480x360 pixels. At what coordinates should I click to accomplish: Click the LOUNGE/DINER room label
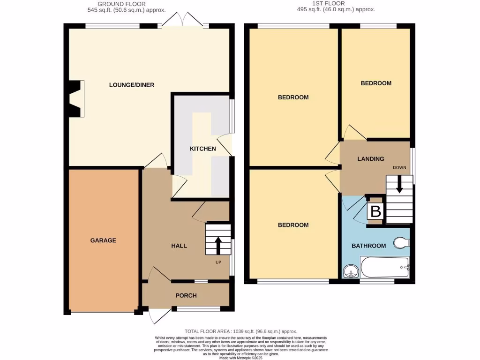pyautogui.click(x=132, y=85)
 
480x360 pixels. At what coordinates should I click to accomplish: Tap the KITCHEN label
pyautogui.click(x=202, y=149)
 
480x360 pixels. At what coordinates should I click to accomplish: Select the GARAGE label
pyautogui.click(x=103, y=240)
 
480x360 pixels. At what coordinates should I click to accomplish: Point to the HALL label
pyautogui.click(x=179, y=246)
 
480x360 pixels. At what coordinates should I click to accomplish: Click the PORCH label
pyautogui.click(x=186, y=296)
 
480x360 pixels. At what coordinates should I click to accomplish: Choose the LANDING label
pyautogui.click(x=371, y=159)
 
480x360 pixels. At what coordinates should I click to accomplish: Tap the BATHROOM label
pyautogui.click(x=369, y=246)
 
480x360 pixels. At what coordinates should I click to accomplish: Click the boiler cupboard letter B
pyautogui.click(x=375, y=212)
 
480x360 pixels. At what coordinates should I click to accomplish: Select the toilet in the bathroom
pyautogui.click(x=401, y=243)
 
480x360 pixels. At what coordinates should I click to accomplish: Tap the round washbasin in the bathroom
pyautogui.click(x=350, y=271)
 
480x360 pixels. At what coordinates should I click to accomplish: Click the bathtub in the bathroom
pyautogui.click(x=385, y=268)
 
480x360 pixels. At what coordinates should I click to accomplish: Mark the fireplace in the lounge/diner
pyautogui.click(x=76, y=98)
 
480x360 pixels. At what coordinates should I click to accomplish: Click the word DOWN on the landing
pyautogui.click(x=399, y=167)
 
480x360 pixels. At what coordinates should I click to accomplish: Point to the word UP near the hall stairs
pyautogui.click(x=218, y=262)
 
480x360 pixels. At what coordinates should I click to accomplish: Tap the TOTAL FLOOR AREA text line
pyautogui.click(x=241, y=331)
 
